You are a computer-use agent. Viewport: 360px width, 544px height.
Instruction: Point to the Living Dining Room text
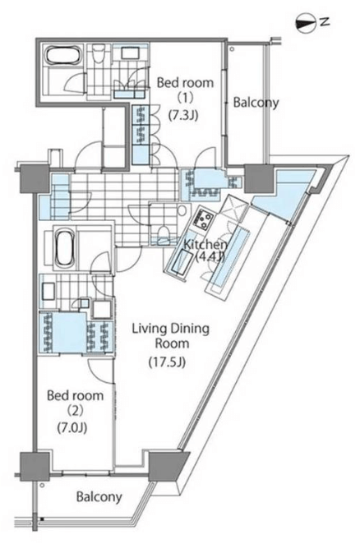coord(171,336)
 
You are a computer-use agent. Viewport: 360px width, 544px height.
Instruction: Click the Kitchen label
coord(205,245)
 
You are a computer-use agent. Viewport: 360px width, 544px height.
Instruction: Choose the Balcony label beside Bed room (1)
coord(256,103)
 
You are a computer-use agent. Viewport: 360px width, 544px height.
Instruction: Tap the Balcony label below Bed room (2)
coord(99,497)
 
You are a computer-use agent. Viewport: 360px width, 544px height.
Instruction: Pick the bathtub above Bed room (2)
coord(65,247)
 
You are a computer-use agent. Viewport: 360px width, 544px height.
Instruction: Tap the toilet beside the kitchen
coord(164,232)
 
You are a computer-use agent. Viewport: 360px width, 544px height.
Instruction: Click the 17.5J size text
coord(168,362)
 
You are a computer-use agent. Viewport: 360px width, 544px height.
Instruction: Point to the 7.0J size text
coord(72,428)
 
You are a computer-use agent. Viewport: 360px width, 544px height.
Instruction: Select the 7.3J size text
coord(183,115)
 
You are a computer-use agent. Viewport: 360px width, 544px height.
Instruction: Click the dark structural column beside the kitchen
coord(259,178)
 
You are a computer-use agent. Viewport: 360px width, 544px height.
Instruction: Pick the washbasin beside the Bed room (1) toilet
coord(130,53)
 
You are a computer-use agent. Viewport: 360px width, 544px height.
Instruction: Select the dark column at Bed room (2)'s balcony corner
coord(35,466)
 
